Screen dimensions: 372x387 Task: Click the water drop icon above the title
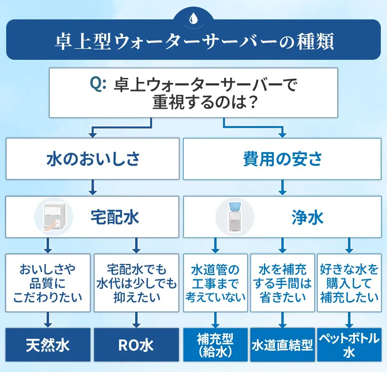[193, 19]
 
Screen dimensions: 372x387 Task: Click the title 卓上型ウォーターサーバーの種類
[193, 42]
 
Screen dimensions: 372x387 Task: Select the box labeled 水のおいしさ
[93, 159]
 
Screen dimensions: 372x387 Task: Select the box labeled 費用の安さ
[282, 159]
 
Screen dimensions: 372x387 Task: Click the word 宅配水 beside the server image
[115, 217]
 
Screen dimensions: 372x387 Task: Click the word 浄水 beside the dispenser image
[307, 217]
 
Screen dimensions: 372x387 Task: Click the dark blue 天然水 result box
[48, 345]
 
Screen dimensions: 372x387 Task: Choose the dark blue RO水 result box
[137, 345]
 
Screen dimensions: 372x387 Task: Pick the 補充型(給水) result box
[215, 345]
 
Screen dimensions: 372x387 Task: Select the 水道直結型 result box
[282, 345]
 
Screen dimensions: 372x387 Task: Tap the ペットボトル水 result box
[349, 345]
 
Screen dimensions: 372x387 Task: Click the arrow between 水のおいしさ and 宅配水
[93, 188]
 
